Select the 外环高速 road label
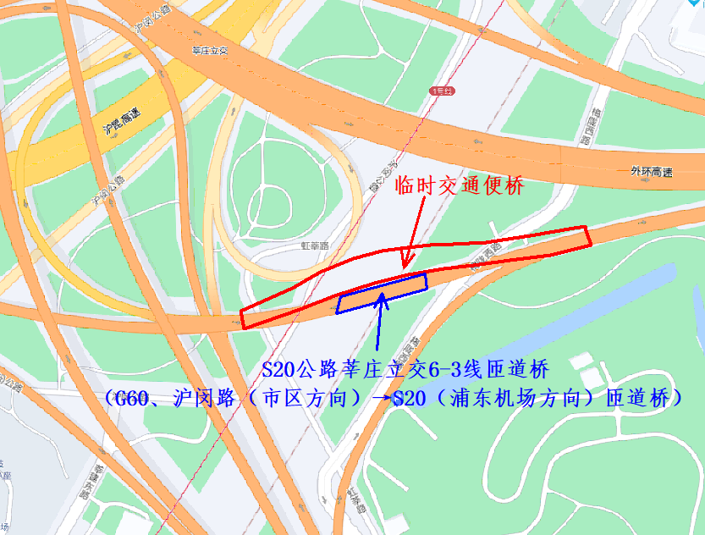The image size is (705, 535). pos(651,172)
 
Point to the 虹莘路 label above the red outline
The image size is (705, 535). pos(315,245)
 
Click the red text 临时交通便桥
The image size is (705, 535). pos(460,187)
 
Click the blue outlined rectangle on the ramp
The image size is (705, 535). pos(382,293)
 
